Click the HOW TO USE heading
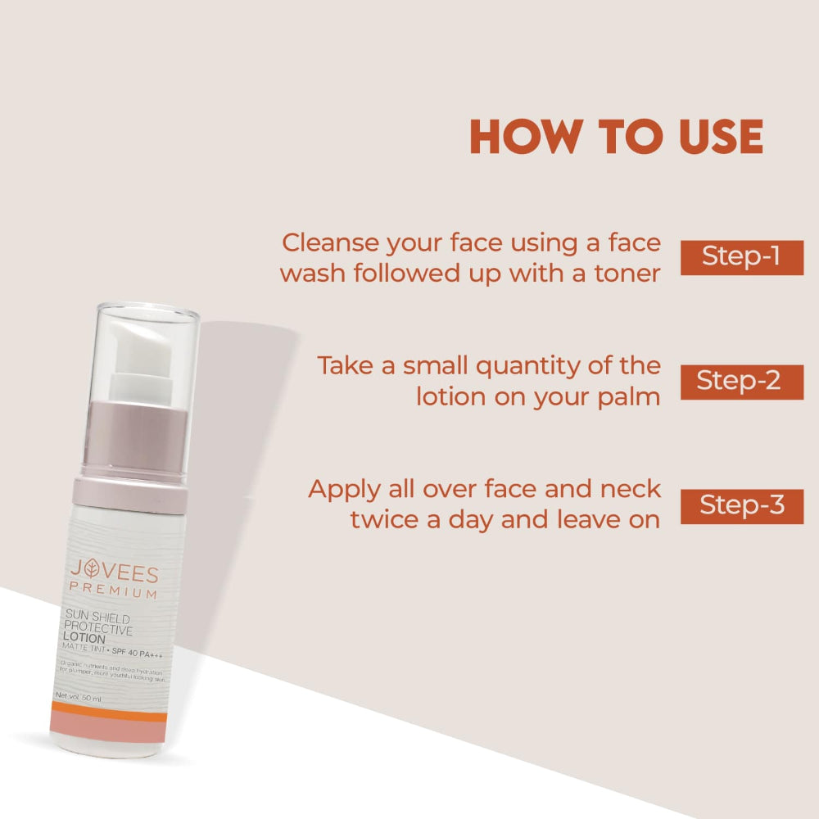616,138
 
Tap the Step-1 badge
741,257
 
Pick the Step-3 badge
741,505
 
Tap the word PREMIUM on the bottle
114,591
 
